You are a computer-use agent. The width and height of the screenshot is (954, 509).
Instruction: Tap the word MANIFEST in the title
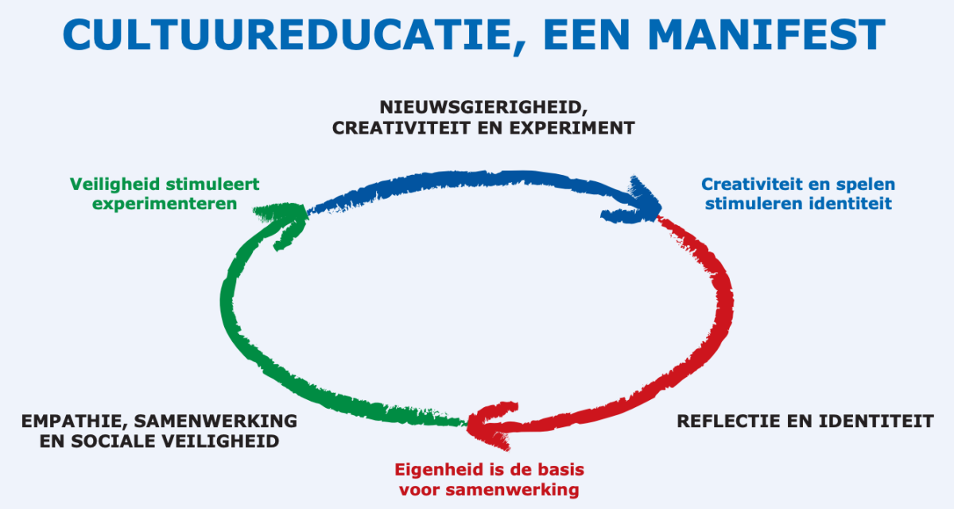[x=766, y=35]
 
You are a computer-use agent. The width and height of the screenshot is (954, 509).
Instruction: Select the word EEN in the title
[x=587, y=35]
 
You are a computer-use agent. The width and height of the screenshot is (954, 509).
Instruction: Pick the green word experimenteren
[x=165, y=204]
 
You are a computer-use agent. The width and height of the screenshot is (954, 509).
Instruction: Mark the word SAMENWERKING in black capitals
[x=215, y=422]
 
